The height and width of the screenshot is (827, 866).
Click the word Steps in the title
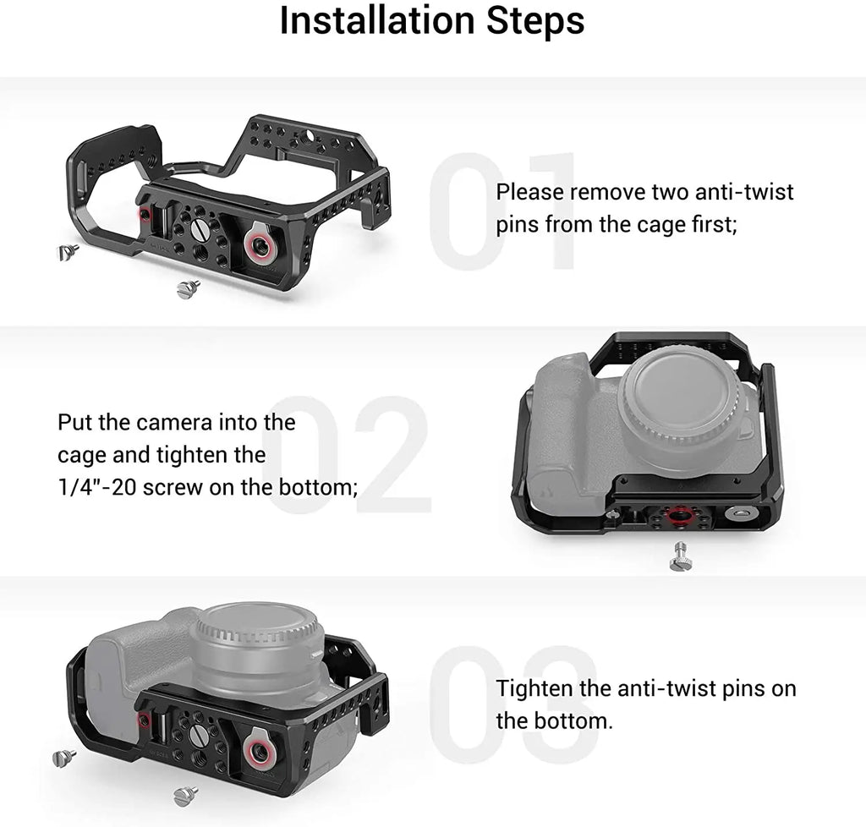(x=535, y=22)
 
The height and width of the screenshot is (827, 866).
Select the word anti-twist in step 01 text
(x=744, y=192)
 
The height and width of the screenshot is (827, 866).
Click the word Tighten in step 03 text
(x=534, y=688)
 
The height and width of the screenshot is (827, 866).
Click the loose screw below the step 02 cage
(x=679, y=556)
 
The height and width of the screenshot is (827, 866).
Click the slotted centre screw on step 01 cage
(x=199, y=227)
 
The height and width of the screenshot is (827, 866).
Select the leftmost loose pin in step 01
(x=68, y=252)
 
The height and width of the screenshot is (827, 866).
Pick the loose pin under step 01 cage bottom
(x=189, y=288)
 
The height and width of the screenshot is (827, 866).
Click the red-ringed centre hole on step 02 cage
(x=677, y=514)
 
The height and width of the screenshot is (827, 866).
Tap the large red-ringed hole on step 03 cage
(x=258, y=750)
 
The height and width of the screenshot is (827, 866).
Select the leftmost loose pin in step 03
(x=64, y=758)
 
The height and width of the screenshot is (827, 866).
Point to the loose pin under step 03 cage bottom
(x=185, y=796)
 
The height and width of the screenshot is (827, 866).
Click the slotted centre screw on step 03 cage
(x=198, y=735)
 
